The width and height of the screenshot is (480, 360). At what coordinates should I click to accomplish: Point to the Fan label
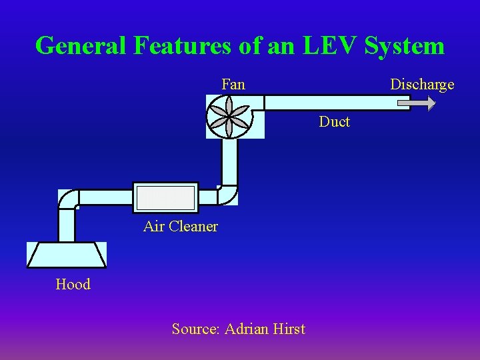[233, 84]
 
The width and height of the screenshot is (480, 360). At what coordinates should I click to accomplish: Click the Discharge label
[422, 84]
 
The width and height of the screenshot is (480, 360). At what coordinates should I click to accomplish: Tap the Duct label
[334, 121]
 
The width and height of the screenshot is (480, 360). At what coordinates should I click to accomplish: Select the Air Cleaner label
[181, 226]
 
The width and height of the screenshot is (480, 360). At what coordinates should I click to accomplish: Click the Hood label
[73, 284]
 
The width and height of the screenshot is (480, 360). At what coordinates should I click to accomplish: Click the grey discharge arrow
[416, 103]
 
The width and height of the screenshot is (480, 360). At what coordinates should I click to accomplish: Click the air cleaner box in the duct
[165, 198]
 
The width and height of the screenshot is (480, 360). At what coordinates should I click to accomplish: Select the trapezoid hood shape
[66, 255]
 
